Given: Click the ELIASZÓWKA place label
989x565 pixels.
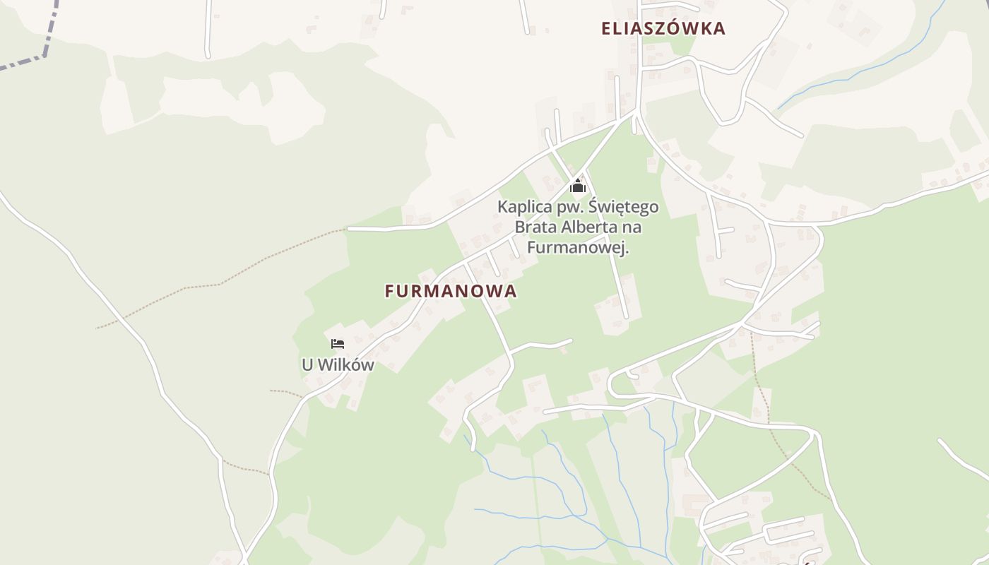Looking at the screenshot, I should click(663, 28).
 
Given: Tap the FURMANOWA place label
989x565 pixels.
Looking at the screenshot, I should click(451, 291).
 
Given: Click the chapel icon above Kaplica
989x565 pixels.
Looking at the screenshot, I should click(578, 186).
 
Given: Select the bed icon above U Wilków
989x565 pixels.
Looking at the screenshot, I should click(338, 344).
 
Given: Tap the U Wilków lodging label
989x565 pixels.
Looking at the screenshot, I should click(338, 365).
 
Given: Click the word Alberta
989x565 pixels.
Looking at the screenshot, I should click(591, 227).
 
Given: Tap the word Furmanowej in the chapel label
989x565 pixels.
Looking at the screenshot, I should click(577, 248).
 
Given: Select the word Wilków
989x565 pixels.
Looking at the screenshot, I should click(346, 365).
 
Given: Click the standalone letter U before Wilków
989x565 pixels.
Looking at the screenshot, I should click(307, 365).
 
